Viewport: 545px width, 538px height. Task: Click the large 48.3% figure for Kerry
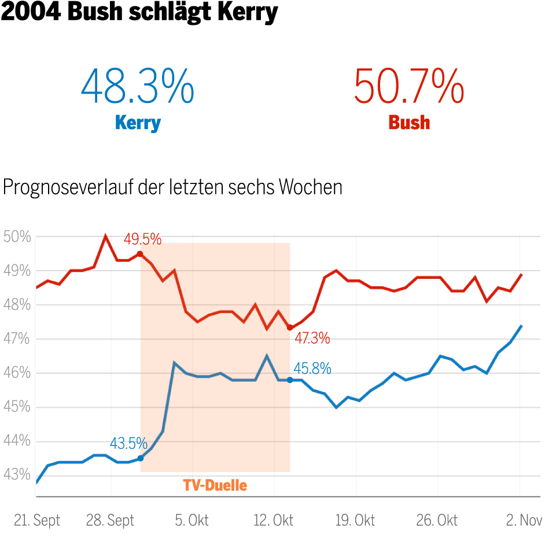tap(137, 86)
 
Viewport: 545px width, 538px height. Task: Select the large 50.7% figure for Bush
tap(408, 86)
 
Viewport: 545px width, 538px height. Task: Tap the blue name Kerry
tap(138, 123)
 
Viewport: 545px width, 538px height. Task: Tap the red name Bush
tap(409, 123)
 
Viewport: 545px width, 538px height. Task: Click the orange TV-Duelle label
tap(215, 485)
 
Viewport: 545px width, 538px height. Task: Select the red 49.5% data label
tap(142, 239)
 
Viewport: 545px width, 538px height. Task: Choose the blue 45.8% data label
tap(312, 368)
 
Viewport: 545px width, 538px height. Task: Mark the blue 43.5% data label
tap(128, 444)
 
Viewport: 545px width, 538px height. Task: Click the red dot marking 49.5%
tap(140, 254)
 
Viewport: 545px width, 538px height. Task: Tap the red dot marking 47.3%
tap(290, 328)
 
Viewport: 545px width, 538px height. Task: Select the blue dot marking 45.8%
tap(290, 379)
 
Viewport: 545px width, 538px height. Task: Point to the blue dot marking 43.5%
tap(140, 458)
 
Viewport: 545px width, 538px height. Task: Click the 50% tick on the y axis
tap(17, 237)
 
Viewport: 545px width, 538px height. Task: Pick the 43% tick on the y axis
tap(17, 475)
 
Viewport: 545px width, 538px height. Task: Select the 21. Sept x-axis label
tap(36, 520)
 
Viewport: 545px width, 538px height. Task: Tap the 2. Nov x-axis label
tap(524, 520)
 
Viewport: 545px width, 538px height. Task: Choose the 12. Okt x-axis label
tap(274, 520)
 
